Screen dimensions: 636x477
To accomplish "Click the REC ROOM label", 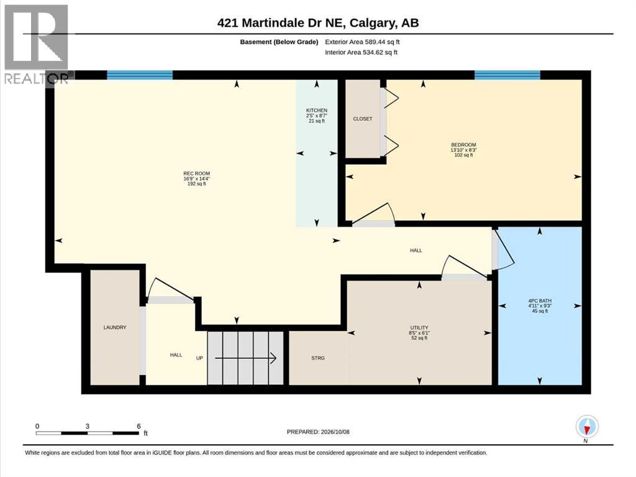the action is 197,174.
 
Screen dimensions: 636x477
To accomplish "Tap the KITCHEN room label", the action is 317,111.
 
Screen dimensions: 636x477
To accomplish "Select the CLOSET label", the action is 363,119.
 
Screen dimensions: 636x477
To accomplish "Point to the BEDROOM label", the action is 463,145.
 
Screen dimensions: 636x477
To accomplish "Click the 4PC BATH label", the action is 540,301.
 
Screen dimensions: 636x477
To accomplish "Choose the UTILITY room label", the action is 419,328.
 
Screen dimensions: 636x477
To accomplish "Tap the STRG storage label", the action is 318,358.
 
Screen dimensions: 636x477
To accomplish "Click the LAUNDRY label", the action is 115,328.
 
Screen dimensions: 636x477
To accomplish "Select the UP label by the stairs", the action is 199,358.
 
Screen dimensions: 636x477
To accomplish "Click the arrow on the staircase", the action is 245,358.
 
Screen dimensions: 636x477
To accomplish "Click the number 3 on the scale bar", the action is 87,426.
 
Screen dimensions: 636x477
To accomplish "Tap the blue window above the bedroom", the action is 507,75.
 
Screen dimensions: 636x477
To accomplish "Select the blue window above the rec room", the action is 140,75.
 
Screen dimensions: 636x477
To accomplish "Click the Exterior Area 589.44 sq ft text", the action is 363,42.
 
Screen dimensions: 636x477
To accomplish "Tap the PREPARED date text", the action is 318,432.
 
